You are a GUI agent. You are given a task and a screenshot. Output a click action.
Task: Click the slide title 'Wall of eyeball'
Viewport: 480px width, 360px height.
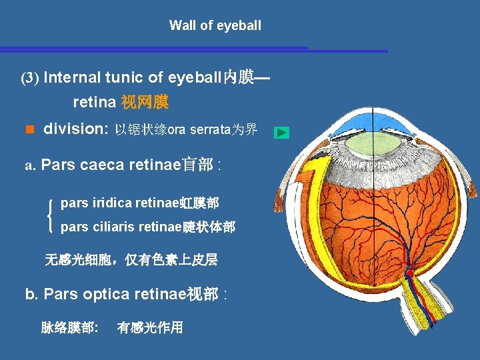(215, 26)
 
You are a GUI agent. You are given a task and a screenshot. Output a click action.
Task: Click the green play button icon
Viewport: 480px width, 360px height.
(282, 133)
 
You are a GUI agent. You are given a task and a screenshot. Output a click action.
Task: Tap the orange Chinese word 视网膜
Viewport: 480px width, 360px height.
(144, 103)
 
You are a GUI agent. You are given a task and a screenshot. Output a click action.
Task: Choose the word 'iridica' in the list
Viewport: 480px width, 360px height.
(111, 202)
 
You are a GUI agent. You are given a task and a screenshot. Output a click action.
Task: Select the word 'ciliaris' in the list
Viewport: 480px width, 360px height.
(115, 227)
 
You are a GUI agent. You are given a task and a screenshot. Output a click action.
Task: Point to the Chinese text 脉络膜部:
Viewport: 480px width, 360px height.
(70, 327)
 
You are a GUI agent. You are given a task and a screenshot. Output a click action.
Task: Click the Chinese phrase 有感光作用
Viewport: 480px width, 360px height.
(149, 327)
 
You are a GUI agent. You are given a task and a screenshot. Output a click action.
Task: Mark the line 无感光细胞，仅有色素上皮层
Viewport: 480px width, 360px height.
(131, 260)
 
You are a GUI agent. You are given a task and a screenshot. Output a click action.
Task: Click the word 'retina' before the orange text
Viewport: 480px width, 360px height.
(94, 103)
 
